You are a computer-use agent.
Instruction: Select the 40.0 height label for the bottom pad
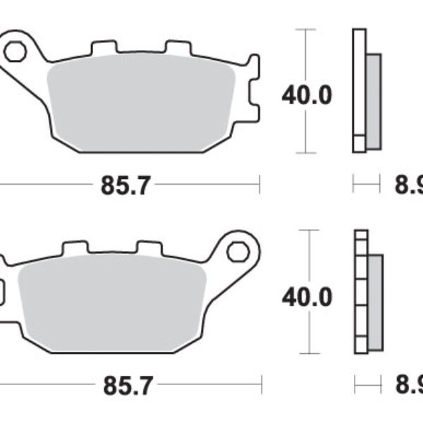click(307, 297)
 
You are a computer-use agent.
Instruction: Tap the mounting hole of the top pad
click(14, 50)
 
